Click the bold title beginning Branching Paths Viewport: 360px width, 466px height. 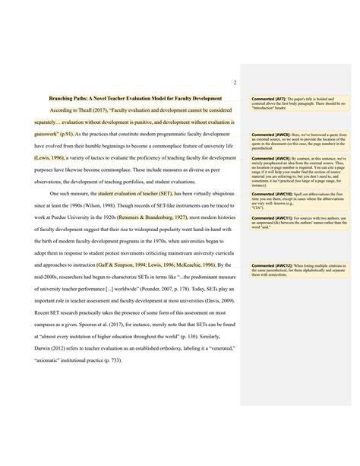click(x=135, y=98)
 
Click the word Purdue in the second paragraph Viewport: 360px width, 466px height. click(x=74, y=217)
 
